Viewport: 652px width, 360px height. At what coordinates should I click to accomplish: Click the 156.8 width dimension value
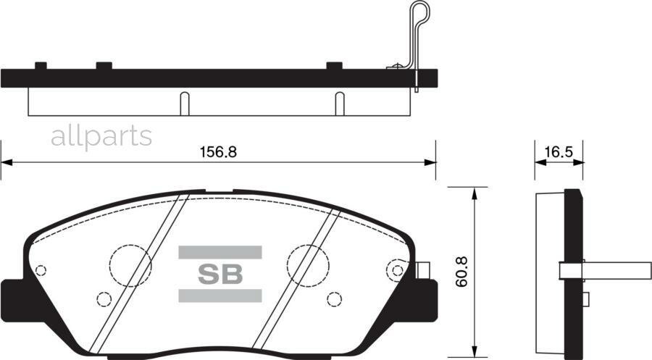point(218,152)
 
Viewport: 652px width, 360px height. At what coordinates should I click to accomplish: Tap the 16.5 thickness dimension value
point(559,152)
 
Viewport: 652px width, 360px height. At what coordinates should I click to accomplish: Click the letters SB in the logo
point(220,274)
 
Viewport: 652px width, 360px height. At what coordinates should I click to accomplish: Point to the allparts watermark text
point(101,136)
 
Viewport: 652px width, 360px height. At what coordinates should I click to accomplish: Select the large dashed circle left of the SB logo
point(130,264)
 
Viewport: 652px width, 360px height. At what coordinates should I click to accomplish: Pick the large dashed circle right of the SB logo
point(308,264)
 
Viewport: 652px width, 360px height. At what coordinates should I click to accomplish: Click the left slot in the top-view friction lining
point(185,104)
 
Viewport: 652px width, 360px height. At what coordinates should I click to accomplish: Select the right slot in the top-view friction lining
point(339,104)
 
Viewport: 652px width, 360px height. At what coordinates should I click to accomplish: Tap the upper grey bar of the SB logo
point(220,252)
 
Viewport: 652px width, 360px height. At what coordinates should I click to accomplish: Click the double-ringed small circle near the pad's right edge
point(396,270)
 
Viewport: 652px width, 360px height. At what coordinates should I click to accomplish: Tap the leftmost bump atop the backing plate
point(41,66)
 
